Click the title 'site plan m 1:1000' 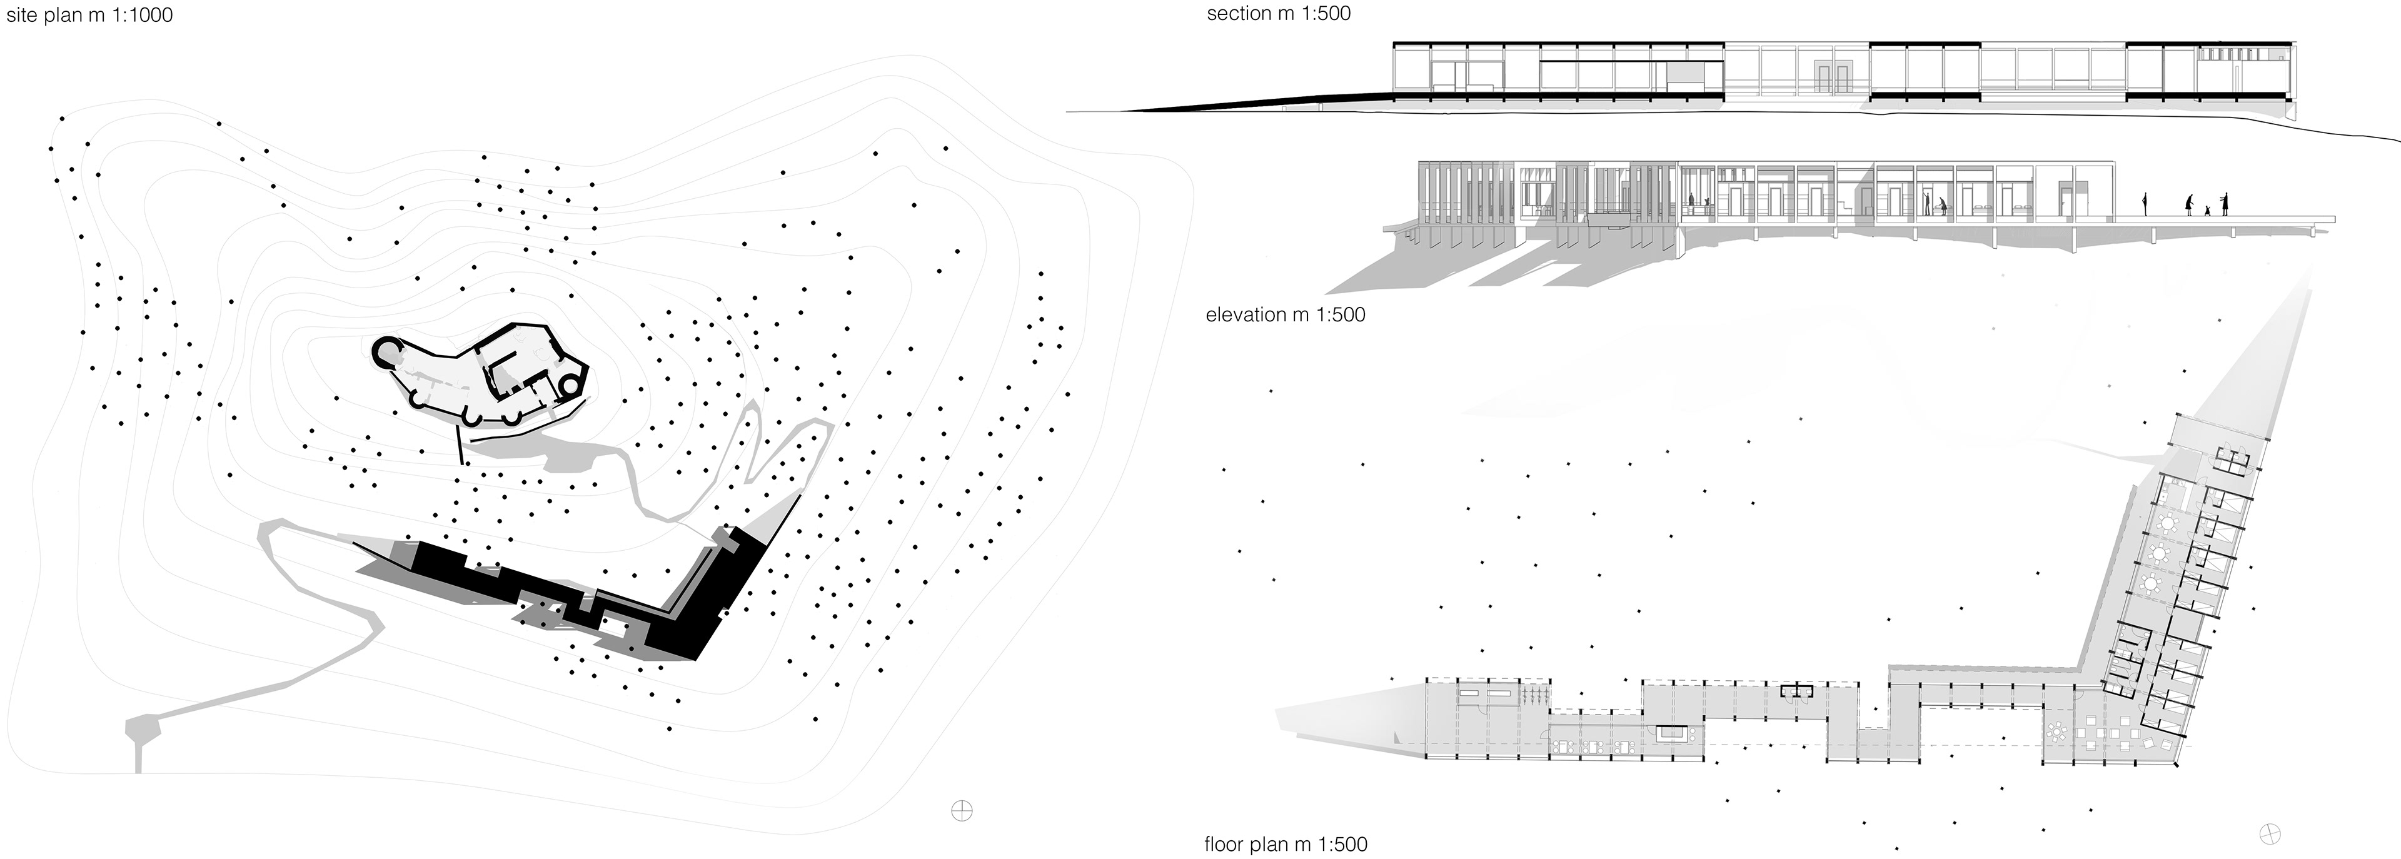pos(89,15)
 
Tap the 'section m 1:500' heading pos(1278,14)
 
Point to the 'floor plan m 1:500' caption pos(1286,844)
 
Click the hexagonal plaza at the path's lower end pos(143,728)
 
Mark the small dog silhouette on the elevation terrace pos(2206,211)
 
